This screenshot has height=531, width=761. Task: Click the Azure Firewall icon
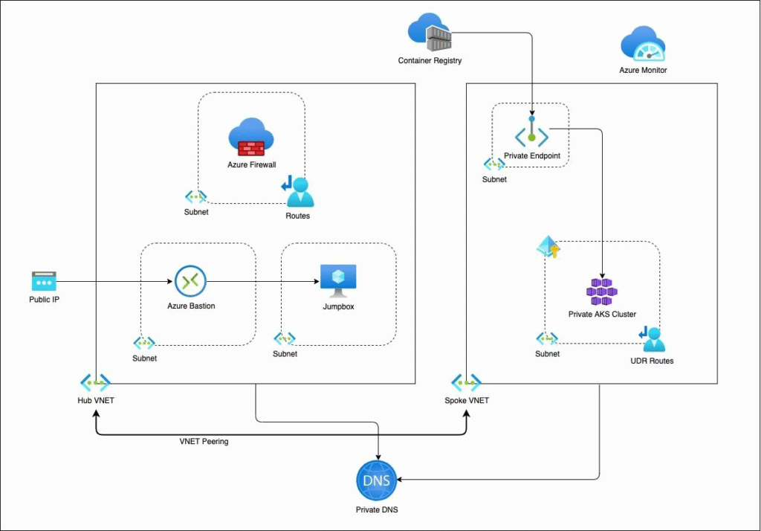(x=251, y=137)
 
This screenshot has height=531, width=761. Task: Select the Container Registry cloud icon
(x=430, y=32)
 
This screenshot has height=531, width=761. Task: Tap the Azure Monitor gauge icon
(x=643, y=44)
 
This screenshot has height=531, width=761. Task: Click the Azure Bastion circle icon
(x=190, y=281)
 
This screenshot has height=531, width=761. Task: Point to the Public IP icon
(x=44, y=281)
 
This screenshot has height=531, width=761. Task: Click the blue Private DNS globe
(x=377, y=480)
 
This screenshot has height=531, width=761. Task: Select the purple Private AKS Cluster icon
(x=602, y=292)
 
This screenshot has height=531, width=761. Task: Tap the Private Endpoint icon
(x=531, y=131)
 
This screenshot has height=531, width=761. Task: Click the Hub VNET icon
(x=95, y=383)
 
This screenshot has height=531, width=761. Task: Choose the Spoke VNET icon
(x=466, y=383)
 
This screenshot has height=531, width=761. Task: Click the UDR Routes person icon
(x=652, y=339)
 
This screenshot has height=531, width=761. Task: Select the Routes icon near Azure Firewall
(x=298, y=191)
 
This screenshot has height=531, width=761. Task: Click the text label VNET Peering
(x=204, y=441)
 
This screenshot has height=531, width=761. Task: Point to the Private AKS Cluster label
(x=602, y=315)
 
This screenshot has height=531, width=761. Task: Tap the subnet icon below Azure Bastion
(x=144, y=343)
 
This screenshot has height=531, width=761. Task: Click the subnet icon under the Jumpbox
(x=285, y=338)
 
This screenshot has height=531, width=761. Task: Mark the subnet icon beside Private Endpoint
(x=494, y=164)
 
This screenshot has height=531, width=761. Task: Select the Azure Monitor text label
(x=643, y=70)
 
